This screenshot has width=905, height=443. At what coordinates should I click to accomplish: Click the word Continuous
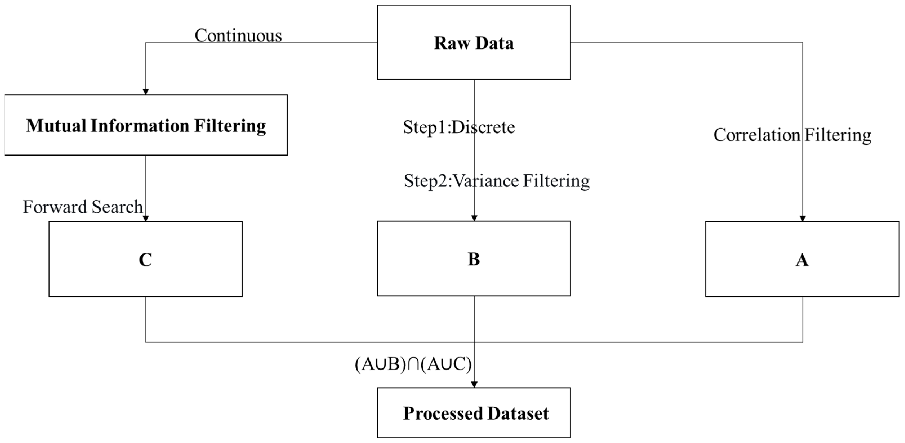point(238,35)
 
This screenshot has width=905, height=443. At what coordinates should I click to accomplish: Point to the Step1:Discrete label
point(459,127)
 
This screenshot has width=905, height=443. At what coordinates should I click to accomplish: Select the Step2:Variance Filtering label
point(496,181)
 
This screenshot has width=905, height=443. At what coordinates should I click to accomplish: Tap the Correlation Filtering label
point(792,135)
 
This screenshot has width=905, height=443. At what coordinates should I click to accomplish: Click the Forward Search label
point(83,207)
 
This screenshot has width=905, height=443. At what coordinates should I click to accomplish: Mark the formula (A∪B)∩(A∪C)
point(413,364)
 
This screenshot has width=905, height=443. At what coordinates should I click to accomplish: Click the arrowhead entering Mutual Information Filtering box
point(146,92)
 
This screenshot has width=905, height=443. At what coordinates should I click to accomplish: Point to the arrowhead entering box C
point(146,218)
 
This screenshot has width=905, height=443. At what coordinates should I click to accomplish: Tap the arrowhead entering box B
point(474,218)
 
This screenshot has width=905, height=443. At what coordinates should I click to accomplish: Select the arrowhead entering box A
point(803,218)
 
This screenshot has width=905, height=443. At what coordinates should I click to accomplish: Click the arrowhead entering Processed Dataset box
point(474,385)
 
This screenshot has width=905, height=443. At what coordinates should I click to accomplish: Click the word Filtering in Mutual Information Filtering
point(230,126)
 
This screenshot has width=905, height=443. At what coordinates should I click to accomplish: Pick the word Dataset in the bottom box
point(518,413)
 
